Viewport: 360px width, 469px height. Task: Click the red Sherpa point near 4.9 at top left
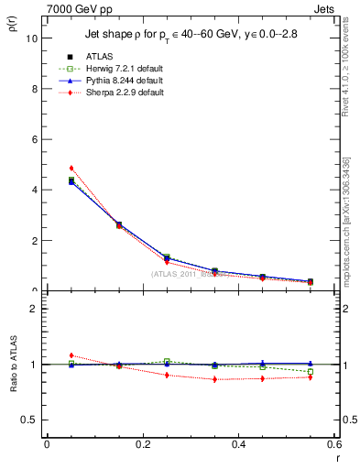coord(71,169)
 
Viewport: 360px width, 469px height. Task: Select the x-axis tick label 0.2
coord(143,443)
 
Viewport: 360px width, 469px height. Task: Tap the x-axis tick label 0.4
coord(239,443)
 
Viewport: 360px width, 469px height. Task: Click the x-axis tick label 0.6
coord(333,443)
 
